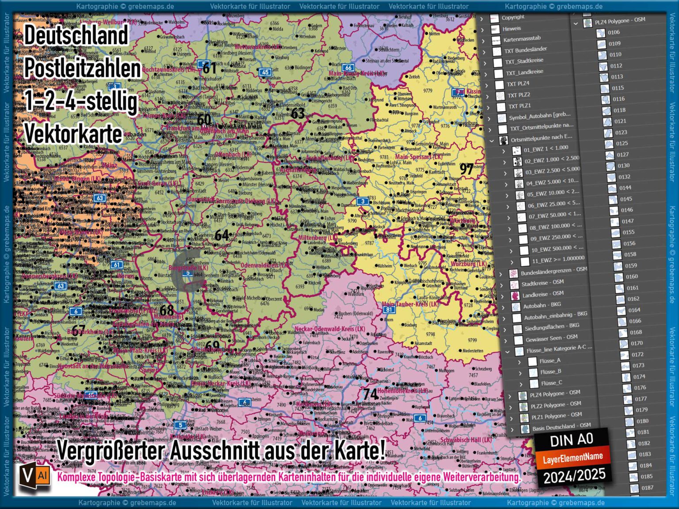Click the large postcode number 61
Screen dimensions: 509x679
click(209, 68)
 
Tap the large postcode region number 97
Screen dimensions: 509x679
click(467, 169)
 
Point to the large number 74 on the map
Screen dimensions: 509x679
click(370, 394)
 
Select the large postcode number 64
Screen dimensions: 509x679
click(221, 235)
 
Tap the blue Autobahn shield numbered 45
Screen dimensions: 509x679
click(265, 72)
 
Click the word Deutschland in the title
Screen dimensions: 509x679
click(76, 35)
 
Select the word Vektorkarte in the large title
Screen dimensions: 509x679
click(73, 134)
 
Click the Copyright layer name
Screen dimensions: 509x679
click(513, 17)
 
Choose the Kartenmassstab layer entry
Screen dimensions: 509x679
click(522, 39)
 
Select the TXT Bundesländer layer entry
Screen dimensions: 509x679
click(526, 50)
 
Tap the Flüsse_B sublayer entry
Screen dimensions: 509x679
click(550, 372)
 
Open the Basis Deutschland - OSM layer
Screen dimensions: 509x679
click(561, 427)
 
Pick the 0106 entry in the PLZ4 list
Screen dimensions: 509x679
click(614, 32)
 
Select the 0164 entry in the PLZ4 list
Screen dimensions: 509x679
click(634, 310)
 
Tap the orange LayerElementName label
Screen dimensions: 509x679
click(573, 458)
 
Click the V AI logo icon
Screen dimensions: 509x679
click(35, 476)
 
